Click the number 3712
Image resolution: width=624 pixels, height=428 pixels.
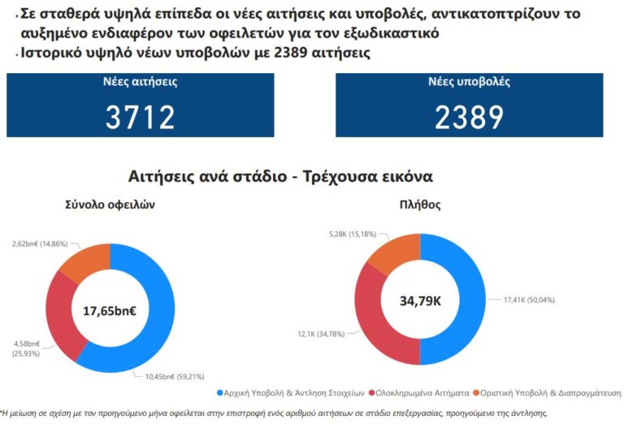pos(140,119)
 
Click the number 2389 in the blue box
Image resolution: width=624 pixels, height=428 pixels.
pos(469,119)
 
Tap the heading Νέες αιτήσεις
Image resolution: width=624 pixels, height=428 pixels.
pos(140,82)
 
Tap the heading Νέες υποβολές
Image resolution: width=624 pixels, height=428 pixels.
pos(469,82)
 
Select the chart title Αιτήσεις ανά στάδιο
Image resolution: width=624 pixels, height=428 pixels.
pos(280,176)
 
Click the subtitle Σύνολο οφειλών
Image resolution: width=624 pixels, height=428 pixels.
pos(110,205)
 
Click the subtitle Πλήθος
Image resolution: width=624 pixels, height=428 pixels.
pos(420,205)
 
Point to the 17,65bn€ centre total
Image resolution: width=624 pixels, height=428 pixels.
pos(110,309)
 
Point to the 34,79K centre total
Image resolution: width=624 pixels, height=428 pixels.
pos(420,300)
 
